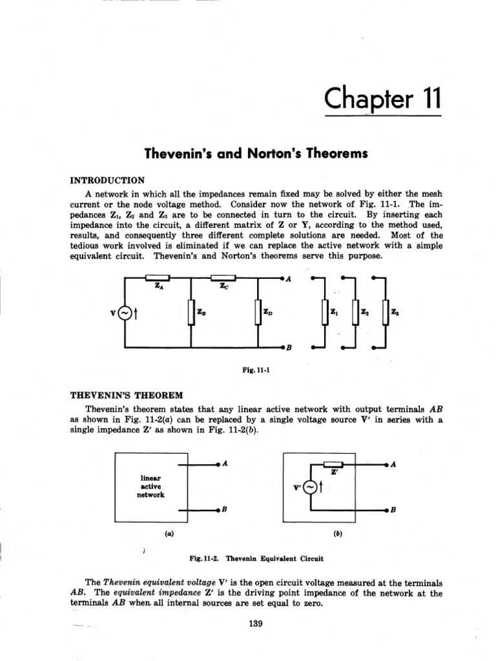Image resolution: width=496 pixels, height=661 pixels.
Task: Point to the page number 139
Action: coord(248,624)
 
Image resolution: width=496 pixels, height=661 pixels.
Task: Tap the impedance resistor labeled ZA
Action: coord(158,279)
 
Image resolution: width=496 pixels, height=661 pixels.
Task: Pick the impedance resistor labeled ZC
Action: coord(223,279)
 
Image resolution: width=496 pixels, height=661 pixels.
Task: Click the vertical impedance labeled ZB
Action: coord(191,313)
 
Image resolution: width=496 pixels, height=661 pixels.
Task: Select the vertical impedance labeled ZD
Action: coord(258,313)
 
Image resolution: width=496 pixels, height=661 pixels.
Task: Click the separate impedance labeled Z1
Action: coord(325,313)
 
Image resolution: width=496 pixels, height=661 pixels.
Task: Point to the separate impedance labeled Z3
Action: coord(386,313)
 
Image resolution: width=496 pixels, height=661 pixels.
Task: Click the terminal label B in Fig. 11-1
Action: coord(289,348)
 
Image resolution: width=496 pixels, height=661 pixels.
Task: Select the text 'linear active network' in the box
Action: coord(150,486)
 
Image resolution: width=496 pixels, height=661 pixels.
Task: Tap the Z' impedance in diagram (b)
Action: coord(333,464)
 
